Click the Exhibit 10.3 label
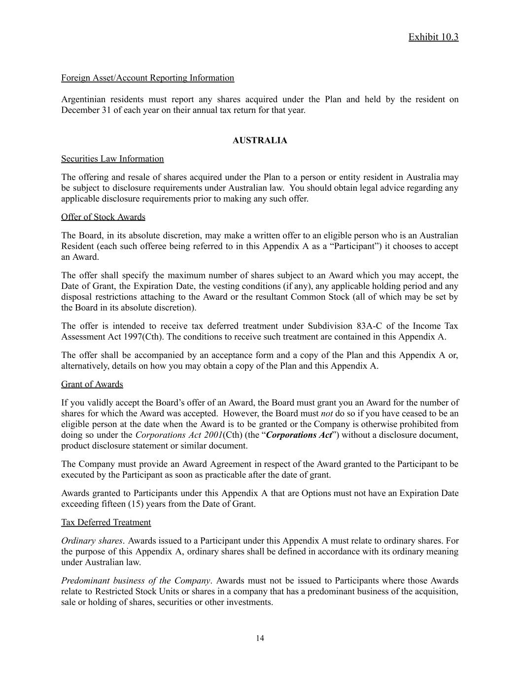click(x=433, y=37)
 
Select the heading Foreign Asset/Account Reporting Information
click(x=147, y=78)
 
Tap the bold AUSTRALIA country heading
click(x=260, y=141)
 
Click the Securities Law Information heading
click(x=112, y=159)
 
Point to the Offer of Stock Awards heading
click(x=103, y=217)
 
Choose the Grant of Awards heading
click(x=92, y=384)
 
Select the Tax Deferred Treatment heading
click(x=106, y=522)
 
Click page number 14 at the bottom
click(x=260, y=638)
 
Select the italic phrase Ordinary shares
click(x=92, y=541)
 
